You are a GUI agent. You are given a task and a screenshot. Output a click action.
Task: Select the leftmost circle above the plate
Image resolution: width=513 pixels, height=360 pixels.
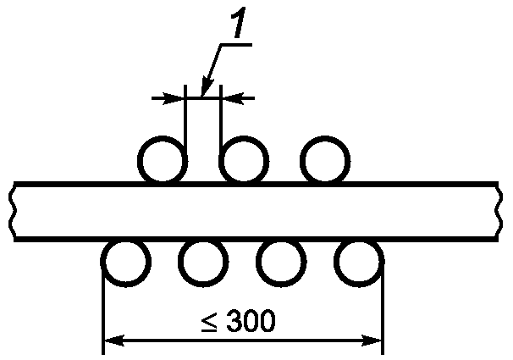point(163,159)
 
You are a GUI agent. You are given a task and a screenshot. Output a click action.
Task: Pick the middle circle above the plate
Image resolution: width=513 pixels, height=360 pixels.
point(244,159)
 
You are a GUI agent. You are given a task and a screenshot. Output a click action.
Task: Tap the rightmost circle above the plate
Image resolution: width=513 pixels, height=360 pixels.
point(324,159)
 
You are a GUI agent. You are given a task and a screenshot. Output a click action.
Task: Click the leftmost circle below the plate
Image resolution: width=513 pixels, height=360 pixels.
point(125,263)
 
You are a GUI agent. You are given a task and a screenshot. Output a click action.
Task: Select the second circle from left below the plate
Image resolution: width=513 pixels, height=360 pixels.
point(202,263)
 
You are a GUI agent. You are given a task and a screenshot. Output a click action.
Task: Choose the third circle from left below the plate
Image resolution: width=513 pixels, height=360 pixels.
point(281,263)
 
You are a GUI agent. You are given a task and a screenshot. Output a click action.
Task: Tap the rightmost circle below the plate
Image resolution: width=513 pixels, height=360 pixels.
point(359,263)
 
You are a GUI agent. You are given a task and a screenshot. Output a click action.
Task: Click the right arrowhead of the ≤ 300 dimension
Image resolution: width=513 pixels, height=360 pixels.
point(375,341)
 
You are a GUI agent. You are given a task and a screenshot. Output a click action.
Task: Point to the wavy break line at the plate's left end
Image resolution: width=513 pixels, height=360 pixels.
point(13,211)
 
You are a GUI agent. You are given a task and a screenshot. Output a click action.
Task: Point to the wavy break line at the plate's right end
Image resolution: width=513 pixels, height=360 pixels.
point(499,211)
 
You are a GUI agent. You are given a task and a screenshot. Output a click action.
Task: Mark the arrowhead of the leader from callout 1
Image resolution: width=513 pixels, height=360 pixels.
point(204,88)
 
